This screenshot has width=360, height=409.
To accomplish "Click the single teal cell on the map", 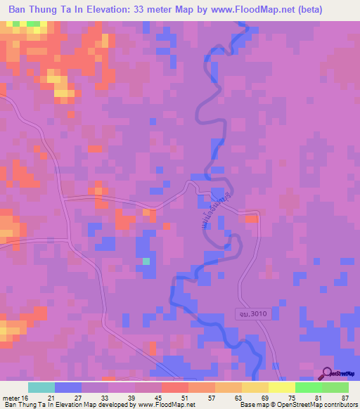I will coord(146,261).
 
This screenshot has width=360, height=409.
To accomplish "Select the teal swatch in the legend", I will coord(41,387).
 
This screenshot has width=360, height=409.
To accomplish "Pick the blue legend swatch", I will coord(67,387).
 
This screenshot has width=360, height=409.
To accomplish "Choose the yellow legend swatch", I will coord(255,387).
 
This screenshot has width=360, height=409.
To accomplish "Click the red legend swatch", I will coord(174,387).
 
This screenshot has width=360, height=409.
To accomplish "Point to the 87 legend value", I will coord(344,398).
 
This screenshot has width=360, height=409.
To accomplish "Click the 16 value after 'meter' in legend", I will coord(26,398).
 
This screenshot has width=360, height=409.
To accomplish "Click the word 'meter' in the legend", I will coord(11,398).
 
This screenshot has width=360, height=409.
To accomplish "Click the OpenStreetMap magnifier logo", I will coord(326,373).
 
